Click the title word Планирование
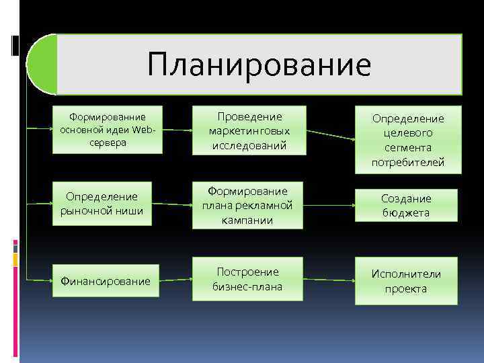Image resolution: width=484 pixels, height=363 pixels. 259,65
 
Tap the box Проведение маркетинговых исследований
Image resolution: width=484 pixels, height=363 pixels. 248,130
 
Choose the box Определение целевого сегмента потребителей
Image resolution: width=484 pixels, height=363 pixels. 408,140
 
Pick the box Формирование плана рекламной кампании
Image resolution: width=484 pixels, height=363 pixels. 248,206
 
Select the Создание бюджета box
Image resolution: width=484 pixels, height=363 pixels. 405,206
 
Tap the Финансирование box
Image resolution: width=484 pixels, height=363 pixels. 108,280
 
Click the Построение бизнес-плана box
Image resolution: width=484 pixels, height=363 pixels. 248,279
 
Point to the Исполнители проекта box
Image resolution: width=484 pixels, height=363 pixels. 405,281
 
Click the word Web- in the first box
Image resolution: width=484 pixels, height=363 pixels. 145,129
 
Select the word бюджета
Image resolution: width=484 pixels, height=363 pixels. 405,213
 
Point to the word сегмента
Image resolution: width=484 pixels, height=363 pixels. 408,148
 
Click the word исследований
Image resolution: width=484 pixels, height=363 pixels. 248,145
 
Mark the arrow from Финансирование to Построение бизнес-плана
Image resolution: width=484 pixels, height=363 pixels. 177,280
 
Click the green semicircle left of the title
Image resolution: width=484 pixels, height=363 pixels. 42,65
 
